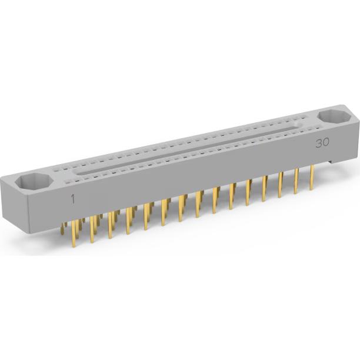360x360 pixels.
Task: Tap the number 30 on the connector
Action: [322, 143]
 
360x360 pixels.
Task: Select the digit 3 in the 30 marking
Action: [319, 143]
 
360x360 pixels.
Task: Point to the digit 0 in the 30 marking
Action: [326, 143]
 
